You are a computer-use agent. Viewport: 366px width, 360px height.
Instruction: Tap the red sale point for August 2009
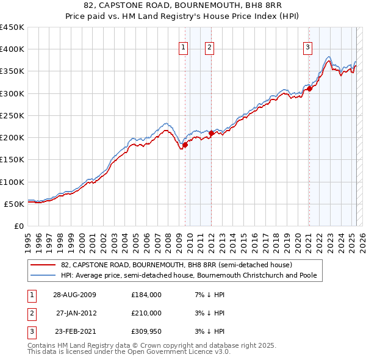pos(185,145)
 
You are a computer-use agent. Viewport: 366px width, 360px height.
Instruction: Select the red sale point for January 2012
pos(211,133)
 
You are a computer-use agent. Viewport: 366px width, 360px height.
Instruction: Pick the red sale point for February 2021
pos(309,88)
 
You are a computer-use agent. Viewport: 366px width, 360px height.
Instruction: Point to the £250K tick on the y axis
pos(12,115)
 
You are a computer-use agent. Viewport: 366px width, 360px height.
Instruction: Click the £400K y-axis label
pos(12,49)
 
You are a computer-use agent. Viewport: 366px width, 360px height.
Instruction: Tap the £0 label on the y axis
pos(18,226)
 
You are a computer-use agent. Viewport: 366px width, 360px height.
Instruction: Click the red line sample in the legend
pos(43,265)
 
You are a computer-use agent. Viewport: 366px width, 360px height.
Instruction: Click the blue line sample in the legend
pos(43,275)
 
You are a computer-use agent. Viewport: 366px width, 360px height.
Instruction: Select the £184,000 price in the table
pos(146,295)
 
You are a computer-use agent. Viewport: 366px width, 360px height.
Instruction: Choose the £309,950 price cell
pos(146,331)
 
